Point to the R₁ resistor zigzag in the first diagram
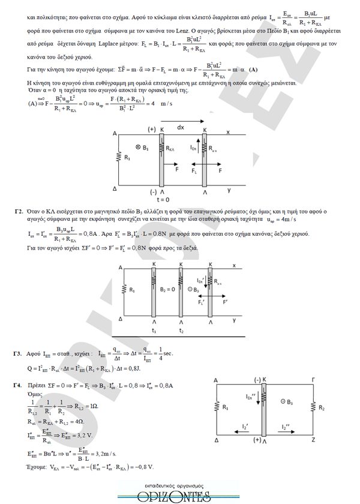120,158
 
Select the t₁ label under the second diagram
155,331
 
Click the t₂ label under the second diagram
180,331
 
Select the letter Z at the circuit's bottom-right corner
314,440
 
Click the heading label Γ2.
19,211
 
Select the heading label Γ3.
19,354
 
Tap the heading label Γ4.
19,383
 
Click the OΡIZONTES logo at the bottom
174,496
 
